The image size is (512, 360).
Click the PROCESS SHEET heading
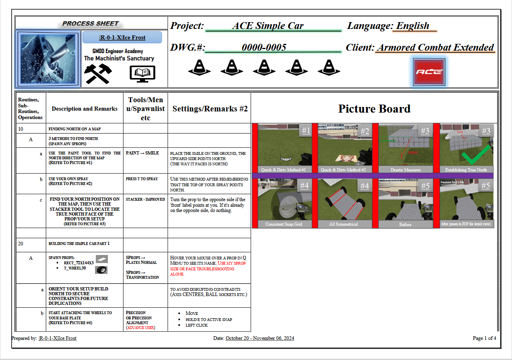click(91, 24)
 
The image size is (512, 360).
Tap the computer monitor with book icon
click(142, 74)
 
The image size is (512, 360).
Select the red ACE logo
click(429, 72)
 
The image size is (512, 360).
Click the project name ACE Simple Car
click(268, 26)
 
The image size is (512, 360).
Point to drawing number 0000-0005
click(264, 47)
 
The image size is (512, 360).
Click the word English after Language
click(413, 26)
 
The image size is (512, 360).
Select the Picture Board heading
click(374, 109)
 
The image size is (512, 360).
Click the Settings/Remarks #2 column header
click(210, 109)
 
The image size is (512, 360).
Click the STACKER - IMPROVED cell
click(145, 199)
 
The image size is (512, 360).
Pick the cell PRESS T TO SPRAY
click(142, 179)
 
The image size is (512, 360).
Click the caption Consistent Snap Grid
click(284, 224)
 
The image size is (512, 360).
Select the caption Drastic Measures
click(405, 170)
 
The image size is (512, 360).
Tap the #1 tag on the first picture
click(306, 131)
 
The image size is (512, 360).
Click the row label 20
click(21, 244)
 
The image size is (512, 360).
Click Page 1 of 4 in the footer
click(484, 338)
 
